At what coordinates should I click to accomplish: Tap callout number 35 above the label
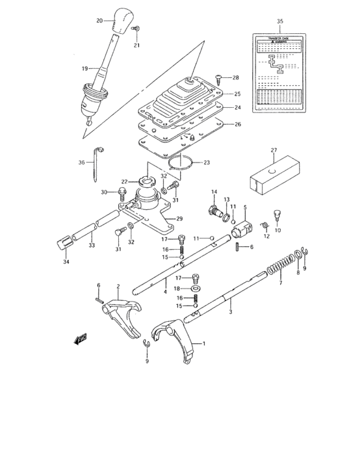[279, 21]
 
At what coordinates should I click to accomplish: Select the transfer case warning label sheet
[279, 75]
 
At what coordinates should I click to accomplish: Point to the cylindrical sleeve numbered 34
[63, 244]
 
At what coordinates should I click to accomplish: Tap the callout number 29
[180, 218]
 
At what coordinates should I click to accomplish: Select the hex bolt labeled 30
[122, 192]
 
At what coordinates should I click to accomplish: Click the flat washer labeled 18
[196, 288]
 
